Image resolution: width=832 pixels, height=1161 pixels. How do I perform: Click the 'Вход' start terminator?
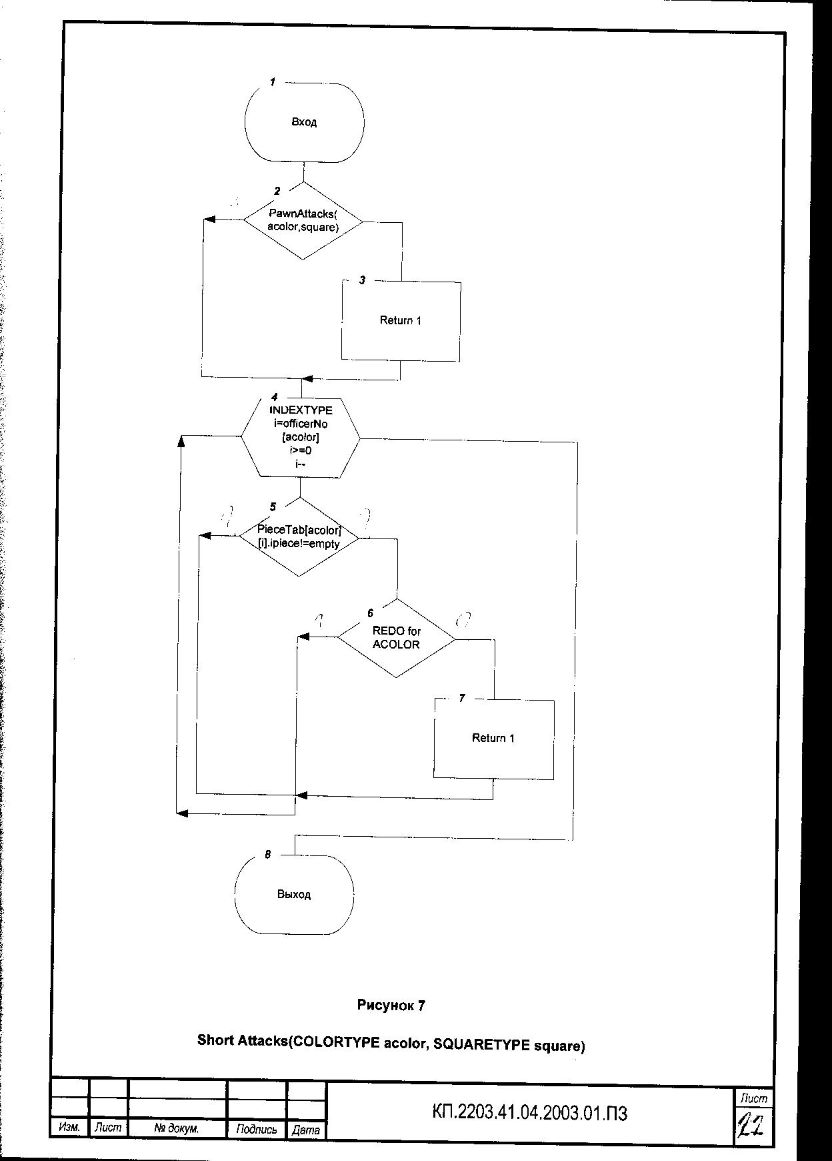305,123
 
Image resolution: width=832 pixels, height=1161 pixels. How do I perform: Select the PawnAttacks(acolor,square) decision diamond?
303,221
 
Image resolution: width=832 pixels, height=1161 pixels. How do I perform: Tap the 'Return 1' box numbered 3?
401,321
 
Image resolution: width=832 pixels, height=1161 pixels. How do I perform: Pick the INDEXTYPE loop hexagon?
300,437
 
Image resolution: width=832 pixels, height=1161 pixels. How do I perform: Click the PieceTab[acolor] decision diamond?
299,536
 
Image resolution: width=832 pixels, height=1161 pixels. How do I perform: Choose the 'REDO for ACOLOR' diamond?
397,638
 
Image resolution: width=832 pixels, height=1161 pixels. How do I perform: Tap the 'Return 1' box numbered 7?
493,738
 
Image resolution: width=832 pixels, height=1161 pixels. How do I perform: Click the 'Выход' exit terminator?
294,894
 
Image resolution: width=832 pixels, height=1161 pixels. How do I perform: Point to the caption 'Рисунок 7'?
391,1005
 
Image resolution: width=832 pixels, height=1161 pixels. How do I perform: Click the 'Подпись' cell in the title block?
257,1130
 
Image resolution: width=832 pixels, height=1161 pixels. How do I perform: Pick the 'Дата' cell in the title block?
306,1130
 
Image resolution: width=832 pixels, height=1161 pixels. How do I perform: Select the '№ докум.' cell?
177,1129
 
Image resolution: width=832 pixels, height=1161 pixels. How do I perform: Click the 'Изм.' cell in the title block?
69,1128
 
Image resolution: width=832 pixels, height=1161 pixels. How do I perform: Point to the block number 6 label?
371,613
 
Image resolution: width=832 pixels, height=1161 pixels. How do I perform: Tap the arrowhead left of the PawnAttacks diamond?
210,220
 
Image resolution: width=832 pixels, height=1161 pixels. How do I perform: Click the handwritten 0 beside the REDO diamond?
461,620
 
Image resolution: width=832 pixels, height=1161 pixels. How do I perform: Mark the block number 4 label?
274,396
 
